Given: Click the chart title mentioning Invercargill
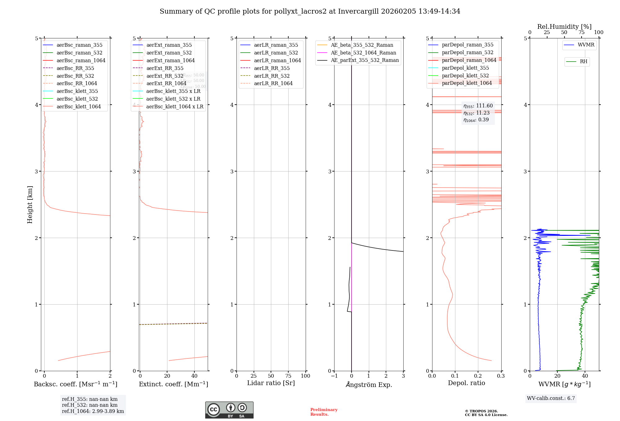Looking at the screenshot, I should (310, 11).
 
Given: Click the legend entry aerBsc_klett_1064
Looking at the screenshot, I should (78, 106).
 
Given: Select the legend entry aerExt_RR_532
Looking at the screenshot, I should (165, 76).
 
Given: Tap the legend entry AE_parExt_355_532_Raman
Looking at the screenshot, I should (365, 60).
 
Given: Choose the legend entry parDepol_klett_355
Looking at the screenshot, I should (465, 68).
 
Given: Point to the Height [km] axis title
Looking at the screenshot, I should (30, 204).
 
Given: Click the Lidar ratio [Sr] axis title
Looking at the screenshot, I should (271, 383).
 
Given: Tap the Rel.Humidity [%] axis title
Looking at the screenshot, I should (564, 27).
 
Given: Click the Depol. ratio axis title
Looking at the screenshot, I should (466, 383).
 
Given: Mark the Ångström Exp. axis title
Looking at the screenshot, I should (369, 384).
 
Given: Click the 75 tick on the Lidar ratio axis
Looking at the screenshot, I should (288, 376).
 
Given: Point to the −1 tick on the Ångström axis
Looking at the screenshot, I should (334, 376).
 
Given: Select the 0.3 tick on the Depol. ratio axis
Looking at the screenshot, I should (501, 376).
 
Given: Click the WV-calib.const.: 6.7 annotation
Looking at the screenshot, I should (551, 398).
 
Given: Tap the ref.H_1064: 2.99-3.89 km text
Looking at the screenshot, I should (93, 411).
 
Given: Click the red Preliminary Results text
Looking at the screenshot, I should (324, 412).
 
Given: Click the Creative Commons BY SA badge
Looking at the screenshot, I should (229, 410).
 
